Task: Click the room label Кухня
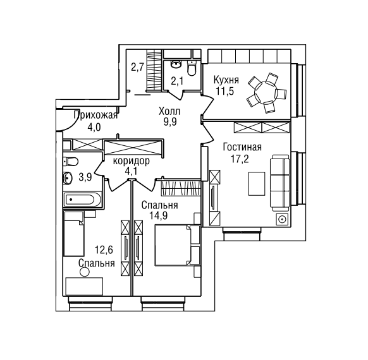pos(226,81)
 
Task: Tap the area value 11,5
pos(225,92)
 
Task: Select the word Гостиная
pos(242,147)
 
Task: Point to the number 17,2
pos(240,159)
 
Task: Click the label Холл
pos(169,111)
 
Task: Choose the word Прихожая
pos(95,116)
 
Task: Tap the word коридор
pos(131,161)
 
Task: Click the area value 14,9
pos(159,216)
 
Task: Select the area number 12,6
pos(104,250)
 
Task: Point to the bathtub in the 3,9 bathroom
pos(82,200)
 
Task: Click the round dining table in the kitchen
pos(267,92)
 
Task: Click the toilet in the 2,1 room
pos(192,68)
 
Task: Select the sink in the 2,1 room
pos(176,64)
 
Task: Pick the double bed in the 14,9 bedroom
pos(177,245)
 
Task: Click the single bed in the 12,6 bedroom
pos(74,234)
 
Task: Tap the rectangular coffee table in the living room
pos(257,184)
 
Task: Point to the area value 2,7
pos(138,68)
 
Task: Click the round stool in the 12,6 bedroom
pos(85,272)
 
